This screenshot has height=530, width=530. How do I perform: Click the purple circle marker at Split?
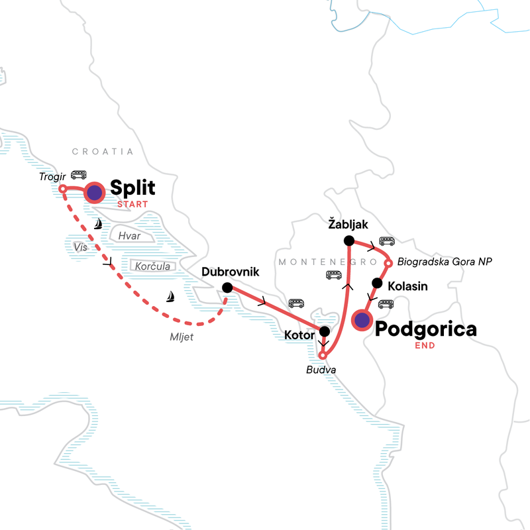point(95,193)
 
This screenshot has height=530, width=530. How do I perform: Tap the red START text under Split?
point(132,204)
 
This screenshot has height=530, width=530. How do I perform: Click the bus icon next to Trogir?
point(79,175)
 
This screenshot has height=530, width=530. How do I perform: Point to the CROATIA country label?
point(103,152)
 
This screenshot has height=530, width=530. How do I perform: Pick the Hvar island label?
point(127,235)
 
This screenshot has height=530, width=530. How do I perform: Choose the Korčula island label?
point(153,266)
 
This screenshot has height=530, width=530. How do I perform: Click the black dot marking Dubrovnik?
point(227,288)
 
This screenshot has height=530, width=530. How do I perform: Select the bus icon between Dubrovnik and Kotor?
point(296,303)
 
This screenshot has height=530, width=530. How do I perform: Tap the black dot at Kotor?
point(325,332)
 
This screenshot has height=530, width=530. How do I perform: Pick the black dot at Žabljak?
point(348,240)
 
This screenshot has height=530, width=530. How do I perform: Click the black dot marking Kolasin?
point(378,283)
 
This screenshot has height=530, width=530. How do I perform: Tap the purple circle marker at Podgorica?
point(362,321)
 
